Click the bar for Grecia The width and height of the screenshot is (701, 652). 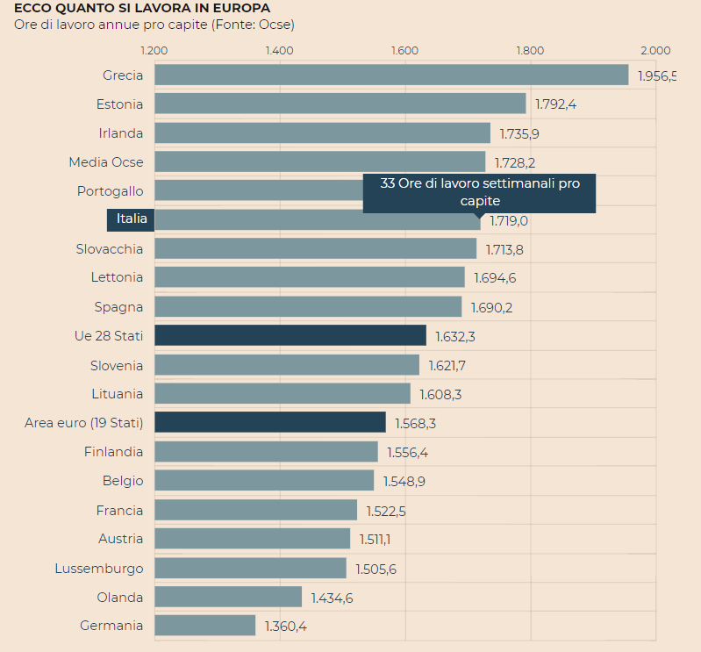391,75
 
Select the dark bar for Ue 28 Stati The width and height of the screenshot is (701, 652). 290,335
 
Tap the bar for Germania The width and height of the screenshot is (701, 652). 205,625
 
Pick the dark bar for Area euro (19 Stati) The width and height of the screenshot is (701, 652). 270,422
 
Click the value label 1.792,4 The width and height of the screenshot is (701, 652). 555,104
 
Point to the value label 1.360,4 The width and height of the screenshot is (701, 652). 285,626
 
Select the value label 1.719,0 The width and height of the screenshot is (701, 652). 509,220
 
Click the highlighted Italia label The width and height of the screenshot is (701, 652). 131,219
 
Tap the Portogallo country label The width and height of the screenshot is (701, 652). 110,190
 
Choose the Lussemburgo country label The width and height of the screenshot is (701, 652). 99,568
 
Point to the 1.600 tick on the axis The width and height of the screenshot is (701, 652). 405,50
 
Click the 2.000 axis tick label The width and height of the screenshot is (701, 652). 655,50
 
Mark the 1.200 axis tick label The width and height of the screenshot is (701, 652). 154,50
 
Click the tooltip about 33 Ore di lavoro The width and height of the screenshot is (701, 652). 479,192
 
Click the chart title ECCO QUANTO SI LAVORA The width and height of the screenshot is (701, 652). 142,8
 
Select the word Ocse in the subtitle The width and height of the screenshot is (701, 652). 275,25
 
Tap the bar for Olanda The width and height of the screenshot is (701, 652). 228,597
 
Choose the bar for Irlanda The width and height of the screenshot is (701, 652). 322,133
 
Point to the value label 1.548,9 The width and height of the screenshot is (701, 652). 404,481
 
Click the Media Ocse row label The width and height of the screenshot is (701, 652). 106,161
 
